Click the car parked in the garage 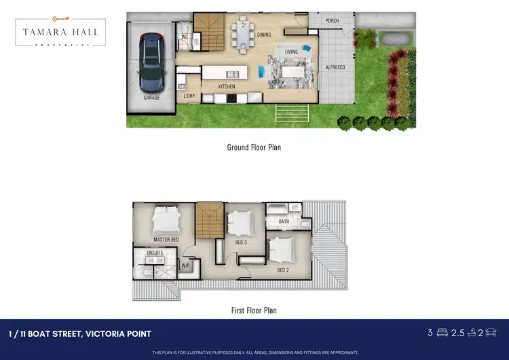click(x=151, y=63)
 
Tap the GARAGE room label click(x=151, y=98)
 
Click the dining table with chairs click(x=242, y=34)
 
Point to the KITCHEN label click(x=227, y=87)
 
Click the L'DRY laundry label click(x=189, y=96)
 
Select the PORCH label click(x=332, y=21)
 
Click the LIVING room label click(x=291, y=52)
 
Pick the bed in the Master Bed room click(x=166, y=220)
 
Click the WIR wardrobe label click(x=185, y=266)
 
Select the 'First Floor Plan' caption click(x=254, y=310)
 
